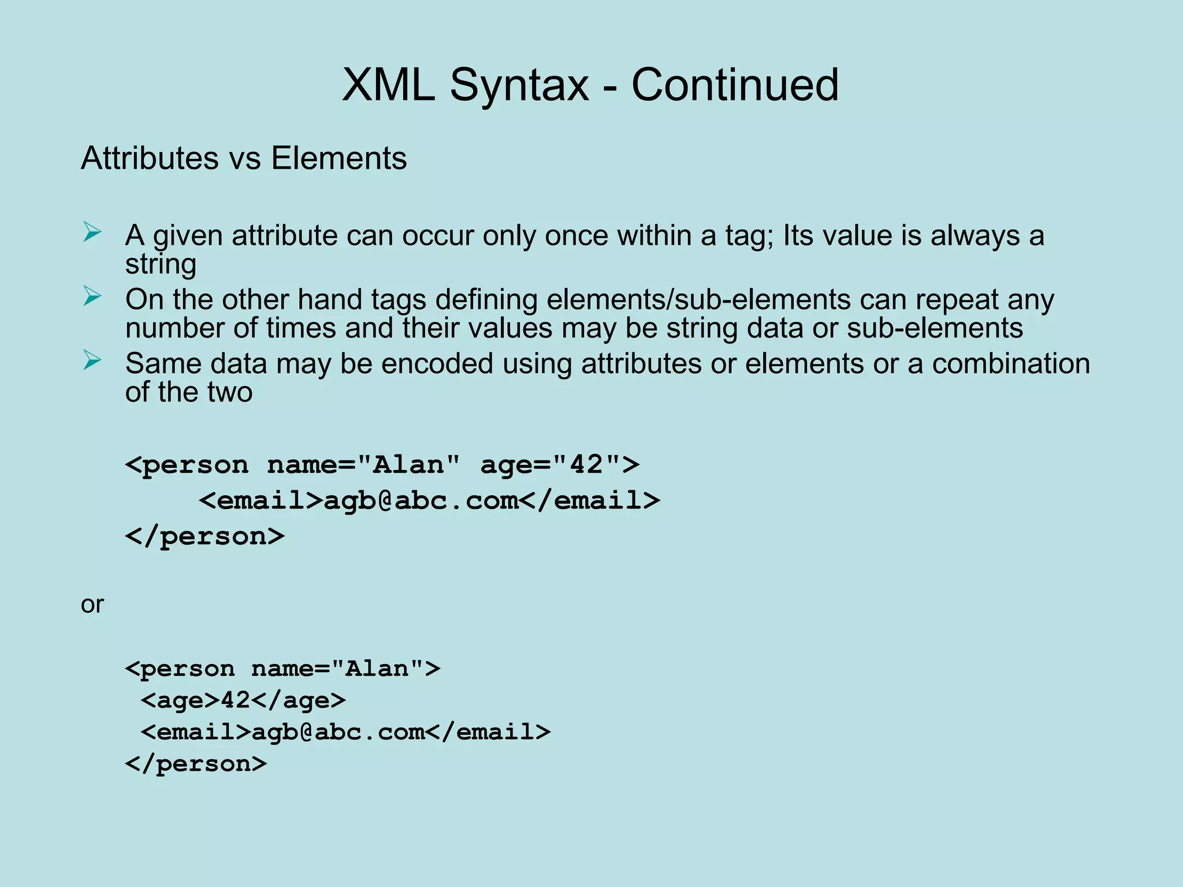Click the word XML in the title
pyautogui.click(x=388, y=85)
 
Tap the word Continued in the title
pyautogui.click(x=734, y=85)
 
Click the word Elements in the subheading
pyautogui.click(x=339, y=158)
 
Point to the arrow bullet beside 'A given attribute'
pyautogui.click(x=92, y=233)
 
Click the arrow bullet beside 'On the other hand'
pyautogui.click(x=92, y=296)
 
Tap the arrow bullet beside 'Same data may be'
pyautogui.click(x=92, y=360)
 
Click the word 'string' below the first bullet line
pyautogui.click(x=161, y=264)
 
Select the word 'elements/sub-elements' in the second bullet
pyautogui.click(x=698, y=300)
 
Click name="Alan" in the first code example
pyautogui.click(x=364, y=465)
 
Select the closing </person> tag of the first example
pyautogui.click(x=205, y=536)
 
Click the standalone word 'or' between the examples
pyautogui.click(x=92, y=605)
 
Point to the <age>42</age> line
pyautogui.click(x=243, y=700)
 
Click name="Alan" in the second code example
pyautogui.click(x=338, y=669)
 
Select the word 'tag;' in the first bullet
pyautogui.click(x=750, y=236)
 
